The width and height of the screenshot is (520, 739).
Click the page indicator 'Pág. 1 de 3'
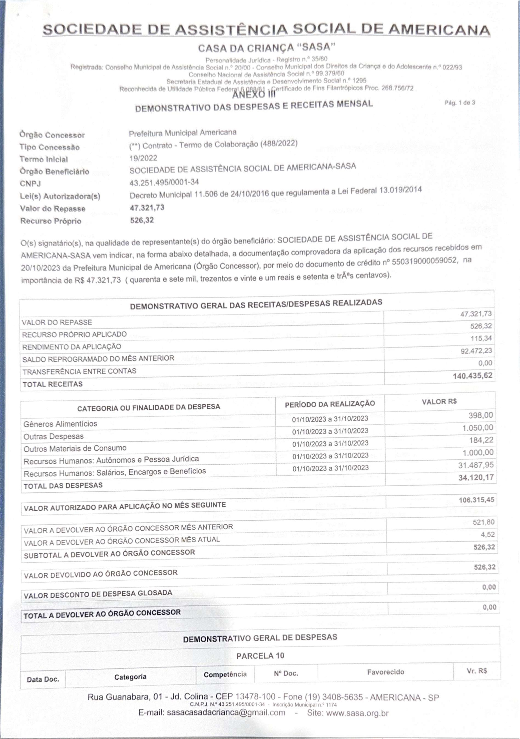click(460, 103)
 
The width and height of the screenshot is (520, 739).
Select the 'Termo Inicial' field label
click(44, 159)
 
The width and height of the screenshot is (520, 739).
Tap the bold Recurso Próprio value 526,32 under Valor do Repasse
click(142, 220)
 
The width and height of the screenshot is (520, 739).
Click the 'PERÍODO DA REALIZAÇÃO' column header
click(330, 404)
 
